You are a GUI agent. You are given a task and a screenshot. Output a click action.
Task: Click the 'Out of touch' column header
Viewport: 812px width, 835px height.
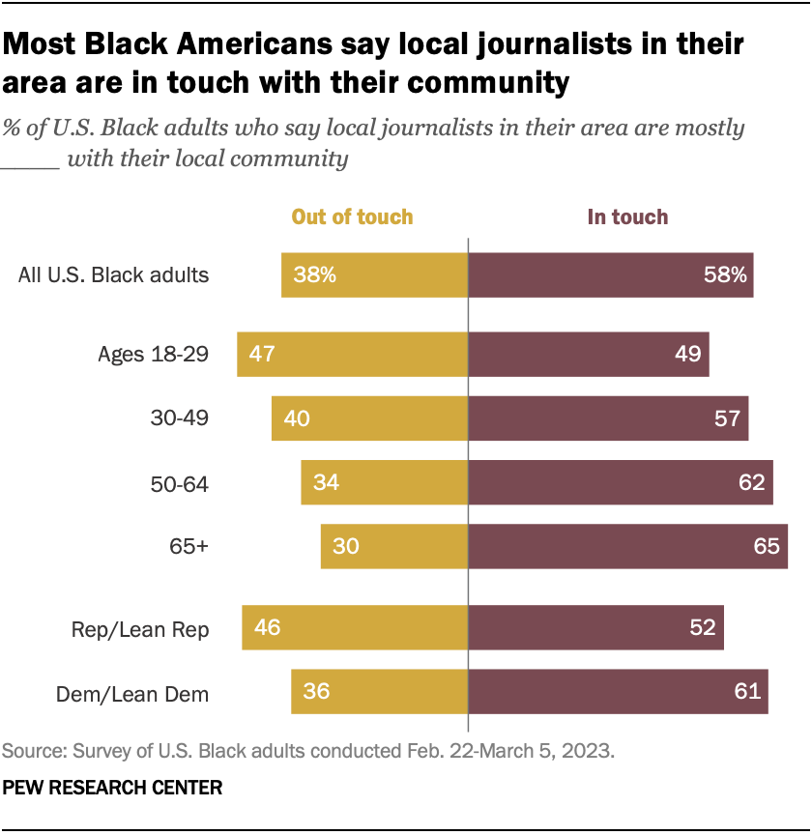352,217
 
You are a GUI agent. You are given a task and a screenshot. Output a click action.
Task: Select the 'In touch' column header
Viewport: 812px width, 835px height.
627,217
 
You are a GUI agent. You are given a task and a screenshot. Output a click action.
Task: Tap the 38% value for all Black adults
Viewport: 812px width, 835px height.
314,275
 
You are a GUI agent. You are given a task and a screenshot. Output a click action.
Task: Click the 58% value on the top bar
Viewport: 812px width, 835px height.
725,275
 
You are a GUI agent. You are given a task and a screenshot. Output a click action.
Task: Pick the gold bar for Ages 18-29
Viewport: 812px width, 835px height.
352,354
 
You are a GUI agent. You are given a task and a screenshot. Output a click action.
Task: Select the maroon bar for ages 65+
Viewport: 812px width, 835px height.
627,547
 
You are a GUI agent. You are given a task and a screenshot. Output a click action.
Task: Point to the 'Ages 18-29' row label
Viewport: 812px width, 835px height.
154,354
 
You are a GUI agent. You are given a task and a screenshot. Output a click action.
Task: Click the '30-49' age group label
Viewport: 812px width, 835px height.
182,418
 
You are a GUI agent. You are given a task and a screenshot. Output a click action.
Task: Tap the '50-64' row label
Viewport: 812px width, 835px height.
182,483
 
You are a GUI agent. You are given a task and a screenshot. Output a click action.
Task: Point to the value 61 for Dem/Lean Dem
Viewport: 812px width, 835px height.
747,693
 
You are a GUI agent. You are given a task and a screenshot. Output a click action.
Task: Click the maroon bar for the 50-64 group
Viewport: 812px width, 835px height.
619,483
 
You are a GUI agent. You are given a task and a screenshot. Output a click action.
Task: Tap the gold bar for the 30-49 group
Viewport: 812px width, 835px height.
369,418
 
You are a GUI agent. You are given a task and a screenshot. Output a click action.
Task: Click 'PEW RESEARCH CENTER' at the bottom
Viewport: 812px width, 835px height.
112,789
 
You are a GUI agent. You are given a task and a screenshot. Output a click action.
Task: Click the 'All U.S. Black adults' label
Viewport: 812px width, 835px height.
114,275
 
